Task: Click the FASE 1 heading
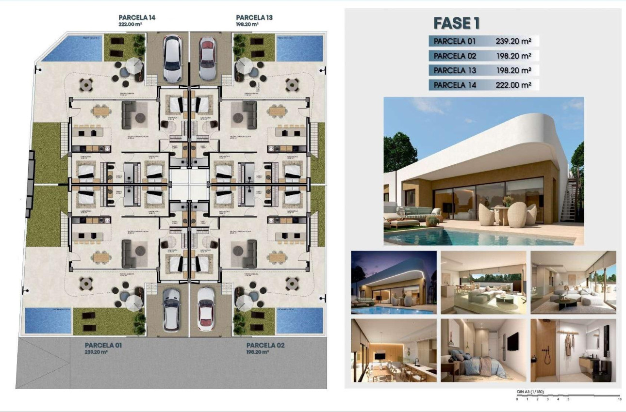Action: click(456, 23)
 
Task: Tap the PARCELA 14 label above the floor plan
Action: click(137, 17)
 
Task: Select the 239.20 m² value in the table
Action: click(513, 41)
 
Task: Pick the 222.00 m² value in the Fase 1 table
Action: click(513, 85)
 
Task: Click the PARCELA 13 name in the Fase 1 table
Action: click(455, 70)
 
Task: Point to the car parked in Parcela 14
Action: click(172, 59)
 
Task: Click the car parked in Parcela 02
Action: click(206, 310)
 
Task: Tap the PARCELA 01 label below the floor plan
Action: click(103, 346)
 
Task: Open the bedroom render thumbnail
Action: click(483, 350)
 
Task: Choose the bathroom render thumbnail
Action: click(573, 350)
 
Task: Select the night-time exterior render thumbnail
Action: click(394, 283)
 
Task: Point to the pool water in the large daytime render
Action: click(466, 237)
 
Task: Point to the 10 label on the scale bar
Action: click(619, 399)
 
